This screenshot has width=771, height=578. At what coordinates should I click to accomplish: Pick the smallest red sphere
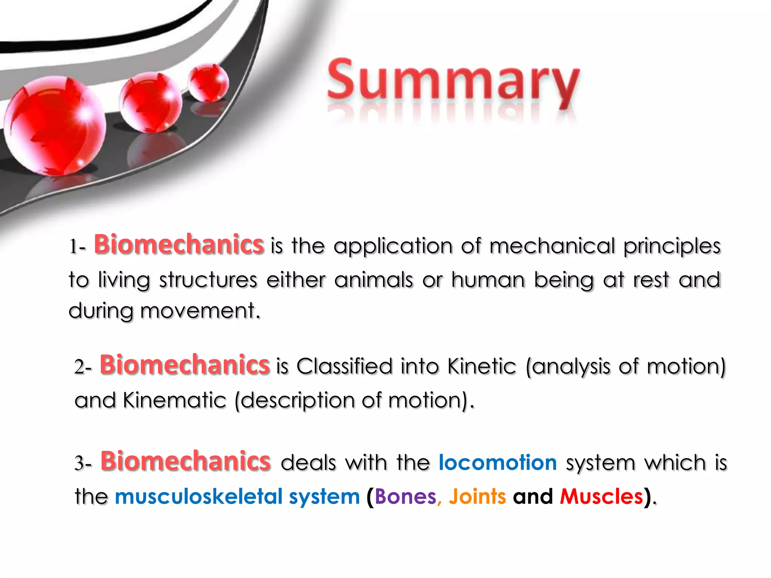(x=208, y=82)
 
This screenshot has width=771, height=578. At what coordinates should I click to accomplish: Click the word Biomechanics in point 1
(x=179, y=245)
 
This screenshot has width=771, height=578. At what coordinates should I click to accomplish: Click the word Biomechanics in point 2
(x=184, y=365)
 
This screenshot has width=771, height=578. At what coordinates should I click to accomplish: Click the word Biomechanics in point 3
(x=185, y=461)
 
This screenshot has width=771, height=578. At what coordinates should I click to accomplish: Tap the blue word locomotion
(x=498, y=462)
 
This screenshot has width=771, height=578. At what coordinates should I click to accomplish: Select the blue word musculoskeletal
(x=199, y=496)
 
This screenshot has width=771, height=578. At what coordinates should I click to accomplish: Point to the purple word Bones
(x=405, y=496)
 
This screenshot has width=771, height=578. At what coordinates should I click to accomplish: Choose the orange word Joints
(x=477, y=496)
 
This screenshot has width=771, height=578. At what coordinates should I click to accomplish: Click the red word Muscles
(x=602, y=496)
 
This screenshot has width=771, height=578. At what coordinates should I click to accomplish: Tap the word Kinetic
(x=481, y=366)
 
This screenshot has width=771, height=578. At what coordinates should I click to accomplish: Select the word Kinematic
(x=174, y=400)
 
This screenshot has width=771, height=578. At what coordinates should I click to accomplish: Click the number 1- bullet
(x=77, y=247)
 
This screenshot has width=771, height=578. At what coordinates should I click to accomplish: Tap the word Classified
(x=344, y=366)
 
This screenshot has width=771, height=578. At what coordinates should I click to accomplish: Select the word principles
(x=672, y=246)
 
